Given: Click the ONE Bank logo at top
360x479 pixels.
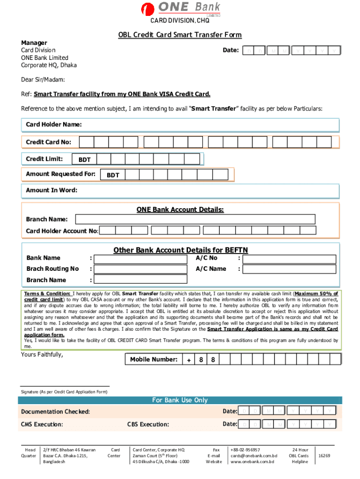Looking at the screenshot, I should coord(182,9).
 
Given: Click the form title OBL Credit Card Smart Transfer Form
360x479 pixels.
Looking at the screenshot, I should coord(180,35).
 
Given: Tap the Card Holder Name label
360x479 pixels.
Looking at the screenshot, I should coord(54,124).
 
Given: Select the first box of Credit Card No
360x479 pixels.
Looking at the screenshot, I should coord(87,142).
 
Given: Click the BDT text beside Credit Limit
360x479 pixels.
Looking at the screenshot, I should coord(85,160).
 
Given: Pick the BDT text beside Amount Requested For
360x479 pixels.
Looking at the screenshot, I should coord(113,175).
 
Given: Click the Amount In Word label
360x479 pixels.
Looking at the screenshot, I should coord(51,190).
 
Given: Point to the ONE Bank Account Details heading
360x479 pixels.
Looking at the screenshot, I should coord(180,210).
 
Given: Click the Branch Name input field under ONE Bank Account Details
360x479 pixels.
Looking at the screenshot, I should coord(206,219).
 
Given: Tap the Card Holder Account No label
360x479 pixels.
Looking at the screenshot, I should coord(62,231).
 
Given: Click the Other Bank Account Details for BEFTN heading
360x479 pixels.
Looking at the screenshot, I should coord(180,250).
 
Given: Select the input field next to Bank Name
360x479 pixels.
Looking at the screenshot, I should coord(140,258).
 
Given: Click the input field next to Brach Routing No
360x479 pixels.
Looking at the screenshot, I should coord(140,269).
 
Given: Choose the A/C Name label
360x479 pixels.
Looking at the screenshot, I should coord(211,269).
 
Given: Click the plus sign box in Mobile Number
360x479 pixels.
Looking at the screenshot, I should coord(188,360).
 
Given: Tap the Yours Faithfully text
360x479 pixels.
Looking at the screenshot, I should coord(42,354).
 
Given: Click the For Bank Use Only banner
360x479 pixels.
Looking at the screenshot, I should coord(180,400).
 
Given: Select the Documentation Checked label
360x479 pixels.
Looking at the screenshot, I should coord(55,412).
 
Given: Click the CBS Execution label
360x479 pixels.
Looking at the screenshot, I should coord(148,425).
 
